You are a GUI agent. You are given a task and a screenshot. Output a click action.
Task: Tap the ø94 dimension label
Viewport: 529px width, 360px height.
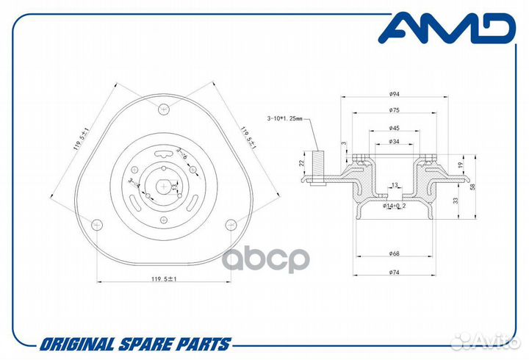click(394, 95)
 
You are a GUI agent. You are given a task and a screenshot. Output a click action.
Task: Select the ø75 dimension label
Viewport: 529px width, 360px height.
click(394, 110)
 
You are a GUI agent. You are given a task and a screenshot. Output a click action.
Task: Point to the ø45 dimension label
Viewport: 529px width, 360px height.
click(394, 128)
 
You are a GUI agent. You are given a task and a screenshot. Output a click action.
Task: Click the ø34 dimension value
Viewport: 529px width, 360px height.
click(394, 141)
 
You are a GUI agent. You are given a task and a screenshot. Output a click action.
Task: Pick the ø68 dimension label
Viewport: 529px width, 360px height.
click(394, 255)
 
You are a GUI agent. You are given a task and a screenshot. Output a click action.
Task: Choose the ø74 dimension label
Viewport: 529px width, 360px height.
click(394, 273)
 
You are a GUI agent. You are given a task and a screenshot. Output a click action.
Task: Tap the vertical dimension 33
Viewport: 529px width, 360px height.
click(456, 200)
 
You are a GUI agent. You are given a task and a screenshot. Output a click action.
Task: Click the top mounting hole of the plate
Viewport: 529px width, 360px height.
click(164, 110)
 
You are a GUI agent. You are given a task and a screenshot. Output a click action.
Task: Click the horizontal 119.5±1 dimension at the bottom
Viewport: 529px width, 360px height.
click(164, 278)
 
